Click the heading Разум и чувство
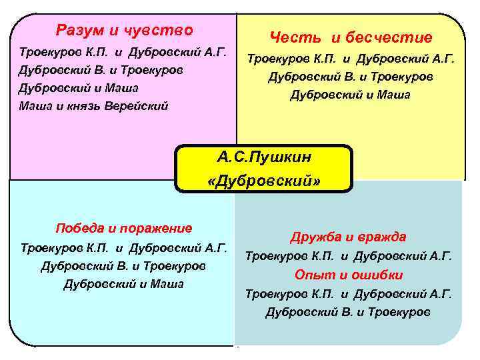tap(125, 30)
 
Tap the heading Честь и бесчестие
tap(351, 37)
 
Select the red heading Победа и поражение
tap(124, 228)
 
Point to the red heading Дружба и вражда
tap(349, 237)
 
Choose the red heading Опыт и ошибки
tap(349, 275)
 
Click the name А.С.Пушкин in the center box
tap(264, 157)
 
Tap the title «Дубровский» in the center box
tap(264, 181)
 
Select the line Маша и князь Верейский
tap(93, 105)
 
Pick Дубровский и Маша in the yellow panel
tap(351, 95)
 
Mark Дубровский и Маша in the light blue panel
tap(124, 285)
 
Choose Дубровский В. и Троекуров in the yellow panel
tap(351, 77)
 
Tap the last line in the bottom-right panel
tap(349, 311)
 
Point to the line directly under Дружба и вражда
tap(349, 256)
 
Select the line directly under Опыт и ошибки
tap(349, 293)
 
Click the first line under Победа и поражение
tap(124, 248)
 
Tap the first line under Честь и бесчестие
tap(351, 59)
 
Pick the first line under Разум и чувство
tap(123, 51)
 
